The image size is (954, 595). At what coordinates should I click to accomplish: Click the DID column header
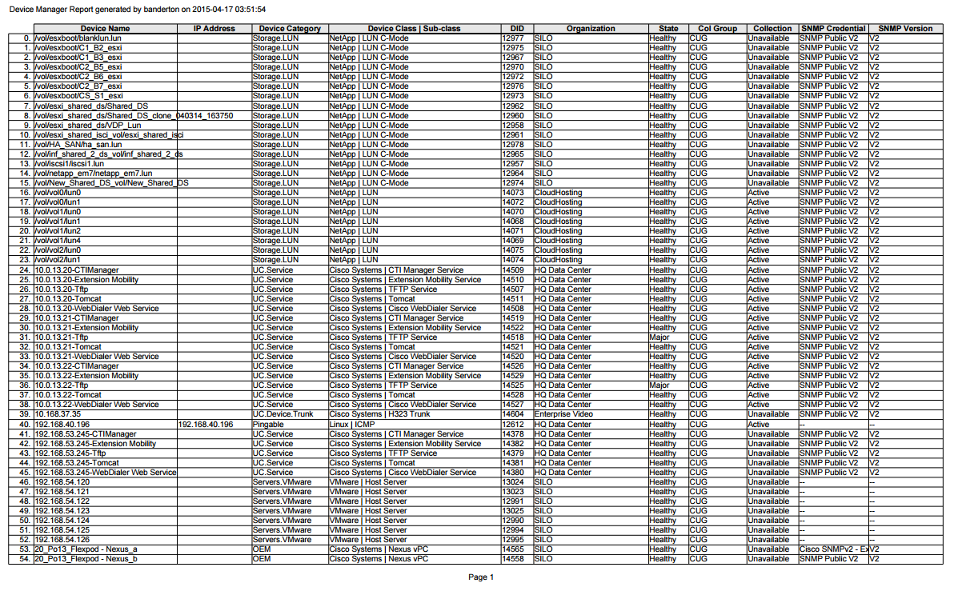516,29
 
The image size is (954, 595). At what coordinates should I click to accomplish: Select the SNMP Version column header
905,29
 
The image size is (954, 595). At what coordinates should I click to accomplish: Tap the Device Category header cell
290,29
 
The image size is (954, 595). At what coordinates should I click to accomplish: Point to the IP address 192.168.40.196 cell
206,424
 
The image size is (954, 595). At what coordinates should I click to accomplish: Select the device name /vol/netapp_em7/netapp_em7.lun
94,173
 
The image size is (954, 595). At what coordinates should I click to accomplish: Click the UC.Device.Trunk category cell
283,414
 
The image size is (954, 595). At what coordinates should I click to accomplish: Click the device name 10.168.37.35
58,414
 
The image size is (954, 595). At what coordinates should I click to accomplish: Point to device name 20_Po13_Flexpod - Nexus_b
86,559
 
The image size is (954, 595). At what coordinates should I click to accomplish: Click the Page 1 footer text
481,577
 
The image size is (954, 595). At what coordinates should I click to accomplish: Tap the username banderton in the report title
161,9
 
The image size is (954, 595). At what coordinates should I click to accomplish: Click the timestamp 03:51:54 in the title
249,9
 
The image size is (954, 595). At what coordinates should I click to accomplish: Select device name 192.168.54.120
62,482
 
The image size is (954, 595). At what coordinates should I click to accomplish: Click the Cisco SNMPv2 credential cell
832,549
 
